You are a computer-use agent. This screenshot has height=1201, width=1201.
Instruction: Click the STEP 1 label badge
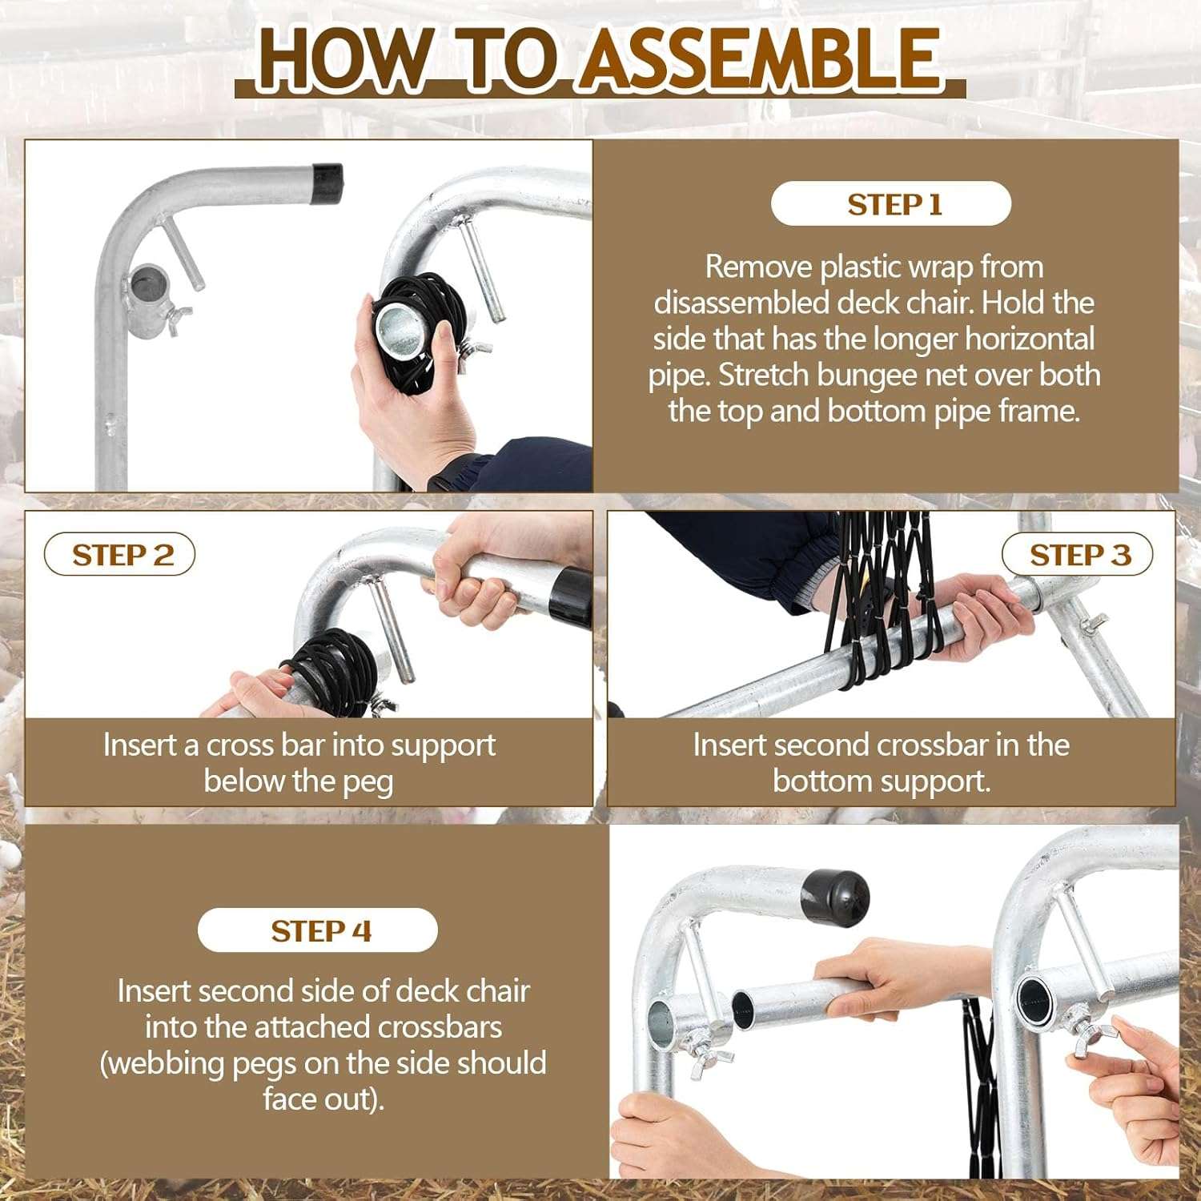click(x=891, y=204)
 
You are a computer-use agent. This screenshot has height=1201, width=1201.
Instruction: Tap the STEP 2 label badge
click(x=119, y=555)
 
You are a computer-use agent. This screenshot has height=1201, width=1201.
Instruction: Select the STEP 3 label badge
click(x=1078, y=555)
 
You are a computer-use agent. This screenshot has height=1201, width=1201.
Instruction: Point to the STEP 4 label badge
click(x=318, y=930)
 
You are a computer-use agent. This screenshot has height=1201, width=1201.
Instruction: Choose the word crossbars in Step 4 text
click(x=440, y=1026)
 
